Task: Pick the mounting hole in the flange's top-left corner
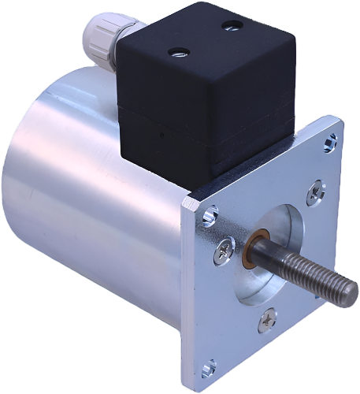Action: click(209, 215)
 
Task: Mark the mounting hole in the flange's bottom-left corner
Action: click(209, 367)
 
